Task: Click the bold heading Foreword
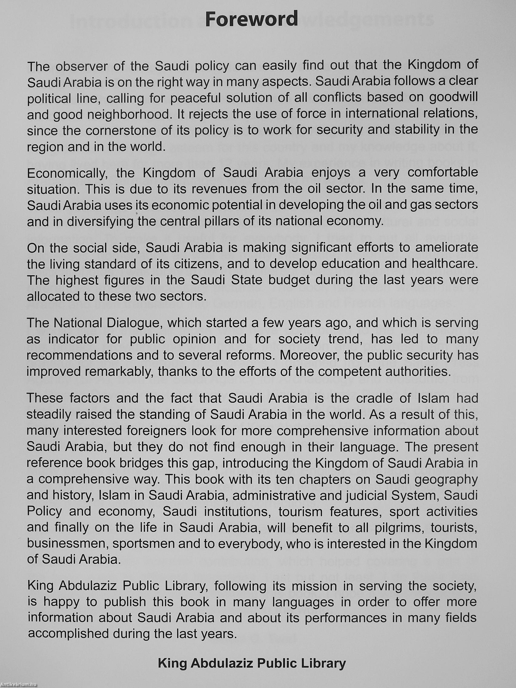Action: click(251, 19)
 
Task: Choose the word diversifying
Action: click(101, 222)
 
